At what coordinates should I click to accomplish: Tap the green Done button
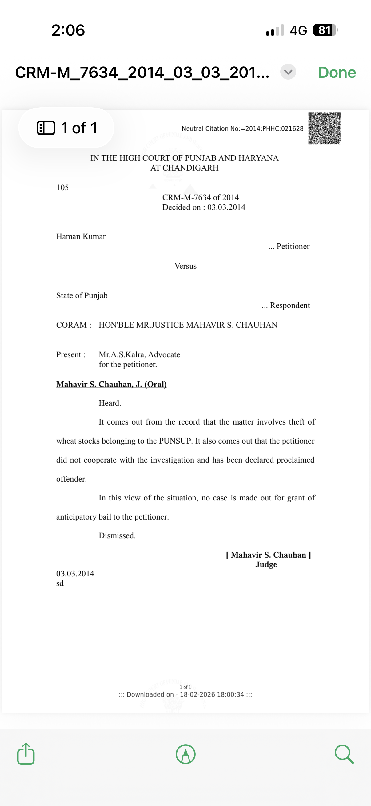point(337,73)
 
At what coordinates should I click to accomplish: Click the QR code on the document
point(324,128)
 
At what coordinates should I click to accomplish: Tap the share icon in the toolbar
point(26,754)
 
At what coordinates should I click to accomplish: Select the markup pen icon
point(186,754)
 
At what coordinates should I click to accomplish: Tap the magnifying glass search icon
point(344,754)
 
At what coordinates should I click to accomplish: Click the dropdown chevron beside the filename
point(288,72)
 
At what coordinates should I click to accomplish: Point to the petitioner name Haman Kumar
point(81,237)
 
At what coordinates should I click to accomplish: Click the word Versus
point(185,266)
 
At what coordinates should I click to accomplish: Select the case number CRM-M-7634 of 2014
point(200,197)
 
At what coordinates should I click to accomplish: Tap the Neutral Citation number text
point(243,128)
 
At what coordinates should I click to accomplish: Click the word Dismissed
point(117,536)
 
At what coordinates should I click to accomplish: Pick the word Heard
point(110,403)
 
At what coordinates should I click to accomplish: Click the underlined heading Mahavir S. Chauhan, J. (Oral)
point(111,384)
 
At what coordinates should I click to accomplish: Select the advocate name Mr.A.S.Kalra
point(122,354)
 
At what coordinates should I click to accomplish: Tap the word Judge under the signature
point(266,564)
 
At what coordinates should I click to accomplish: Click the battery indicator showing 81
point(325,30)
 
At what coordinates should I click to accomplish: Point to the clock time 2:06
point(68,30)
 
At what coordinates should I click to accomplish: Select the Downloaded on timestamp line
point(185,695)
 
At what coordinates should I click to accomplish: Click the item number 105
point(62,188)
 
